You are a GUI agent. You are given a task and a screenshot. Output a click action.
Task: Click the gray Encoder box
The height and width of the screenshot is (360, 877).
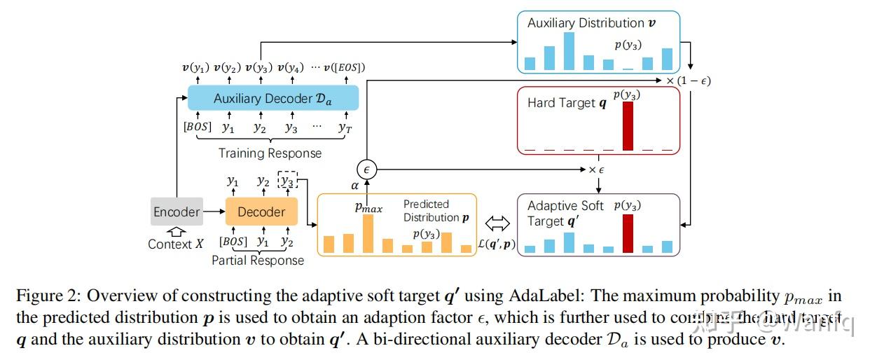coord(177,212)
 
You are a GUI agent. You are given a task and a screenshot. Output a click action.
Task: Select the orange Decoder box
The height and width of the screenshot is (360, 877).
coord(261,212)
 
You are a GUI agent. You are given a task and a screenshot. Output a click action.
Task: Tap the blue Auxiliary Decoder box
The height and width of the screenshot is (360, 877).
coord(272,99)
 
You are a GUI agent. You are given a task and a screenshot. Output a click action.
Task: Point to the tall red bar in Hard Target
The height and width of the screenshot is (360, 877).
coord(628,126)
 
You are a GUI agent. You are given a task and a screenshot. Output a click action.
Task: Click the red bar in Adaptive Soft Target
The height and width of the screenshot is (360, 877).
coord(628,233)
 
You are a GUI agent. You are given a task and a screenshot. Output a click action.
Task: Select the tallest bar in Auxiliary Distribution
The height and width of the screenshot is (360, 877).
coord(569,50)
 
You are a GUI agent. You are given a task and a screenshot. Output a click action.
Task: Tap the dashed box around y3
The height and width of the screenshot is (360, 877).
coord(286,181)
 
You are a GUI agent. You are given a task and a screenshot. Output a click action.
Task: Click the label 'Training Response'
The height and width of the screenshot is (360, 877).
coord(270,153)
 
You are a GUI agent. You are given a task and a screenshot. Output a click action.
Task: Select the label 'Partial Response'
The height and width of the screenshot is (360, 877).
coord(258,260)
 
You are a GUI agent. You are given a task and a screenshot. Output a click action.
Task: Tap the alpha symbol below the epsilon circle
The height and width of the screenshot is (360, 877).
coord(354,186)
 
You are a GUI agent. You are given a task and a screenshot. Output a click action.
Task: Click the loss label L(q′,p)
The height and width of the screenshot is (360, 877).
coord(497,244)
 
